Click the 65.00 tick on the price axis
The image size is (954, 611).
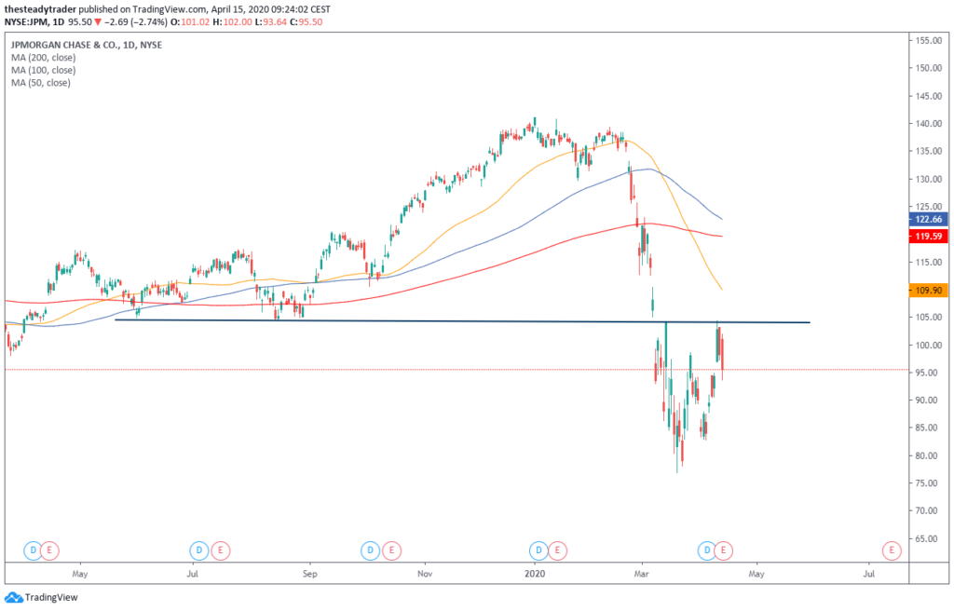(x=925, y=538)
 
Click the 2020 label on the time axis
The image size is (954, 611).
(x=535, y=575)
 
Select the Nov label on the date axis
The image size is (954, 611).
(x=425, y=575)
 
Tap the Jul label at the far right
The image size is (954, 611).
(x=868, y=575)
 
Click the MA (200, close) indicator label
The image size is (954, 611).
(x=42, y=57)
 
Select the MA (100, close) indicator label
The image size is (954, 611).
(x=42, y=70)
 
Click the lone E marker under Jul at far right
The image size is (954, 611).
(x=892, y=550)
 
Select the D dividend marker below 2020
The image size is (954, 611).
(x=537, y=550)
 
